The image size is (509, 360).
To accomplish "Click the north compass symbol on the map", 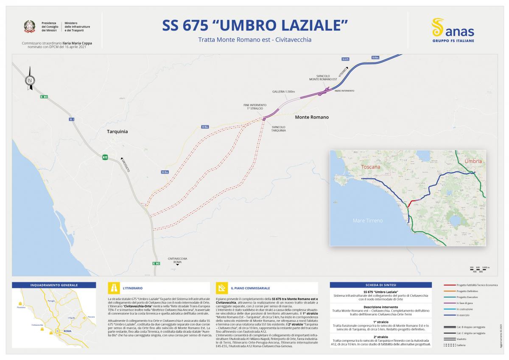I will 30,79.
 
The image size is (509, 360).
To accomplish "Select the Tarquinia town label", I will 117,132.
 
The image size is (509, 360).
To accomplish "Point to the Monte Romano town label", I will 312,117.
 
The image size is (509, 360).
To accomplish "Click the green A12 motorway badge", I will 105,157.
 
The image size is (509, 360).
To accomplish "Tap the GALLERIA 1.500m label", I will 283,92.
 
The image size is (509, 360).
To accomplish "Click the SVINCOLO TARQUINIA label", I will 278,129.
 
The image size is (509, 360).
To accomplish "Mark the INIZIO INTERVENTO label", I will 344,91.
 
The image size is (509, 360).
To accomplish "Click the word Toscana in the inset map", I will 371,167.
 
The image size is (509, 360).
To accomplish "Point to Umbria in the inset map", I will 473,161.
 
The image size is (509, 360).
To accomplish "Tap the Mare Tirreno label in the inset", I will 368,220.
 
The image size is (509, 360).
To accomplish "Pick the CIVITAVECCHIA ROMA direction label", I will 177,260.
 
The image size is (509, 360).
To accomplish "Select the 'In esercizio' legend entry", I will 463,315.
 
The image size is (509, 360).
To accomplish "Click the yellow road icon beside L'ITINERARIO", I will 114,288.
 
